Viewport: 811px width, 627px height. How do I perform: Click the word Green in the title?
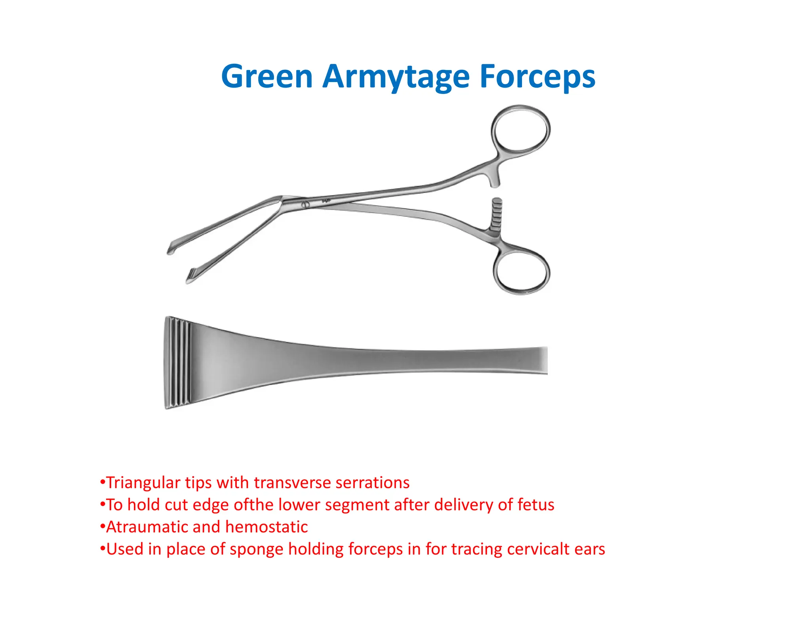coord(267,76)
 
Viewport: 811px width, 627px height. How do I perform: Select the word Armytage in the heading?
coord(396,77)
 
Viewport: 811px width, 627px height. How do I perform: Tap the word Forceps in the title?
coord(537,77)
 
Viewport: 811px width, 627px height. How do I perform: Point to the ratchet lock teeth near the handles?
coord(496,214)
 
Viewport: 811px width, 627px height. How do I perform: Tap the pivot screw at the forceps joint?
coord(305,205)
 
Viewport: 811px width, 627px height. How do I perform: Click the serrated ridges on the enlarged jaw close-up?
coord(178,363)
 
